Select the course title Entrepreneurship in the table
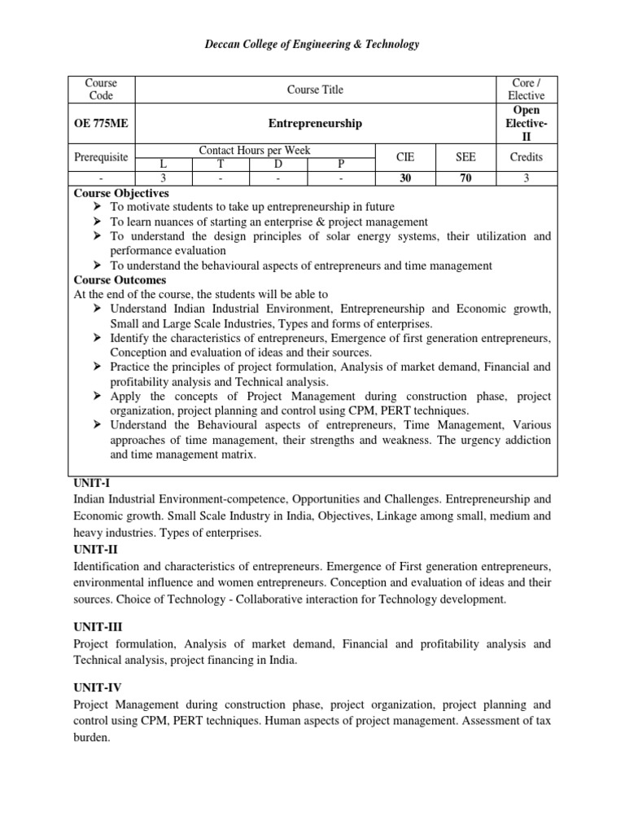click(x=315, y=124)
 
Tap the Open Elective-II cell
click(x=526, y=124)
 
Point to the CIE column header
click(x=405, y=156)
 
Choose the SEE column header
click(x=465, y=156)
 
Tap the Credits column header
click(x=526, y=156)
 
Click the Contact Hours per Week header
click(x=255, y=150)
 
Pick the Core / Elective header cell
click(x=526, y=90)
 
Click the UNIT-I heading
click(x=90, y=483)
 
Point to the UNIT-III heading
click(x=94, y=628)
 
